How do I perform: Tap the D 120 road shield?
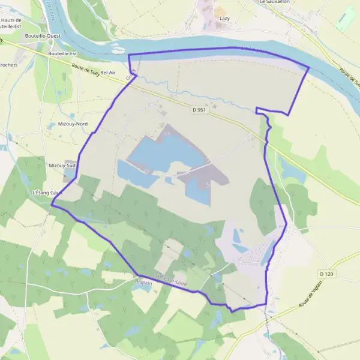click(x=326, y=274)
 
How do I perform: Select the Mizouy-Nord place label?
click(x=73, y=124)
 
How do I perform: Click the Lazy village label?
click(x=224, y=19)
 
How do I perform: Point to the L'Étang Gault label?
click(x=47, y=192)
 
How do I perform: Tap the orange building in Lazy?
click(x=220, y=11)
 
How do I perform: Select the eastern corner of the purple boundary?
click(x=308, y=67)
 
